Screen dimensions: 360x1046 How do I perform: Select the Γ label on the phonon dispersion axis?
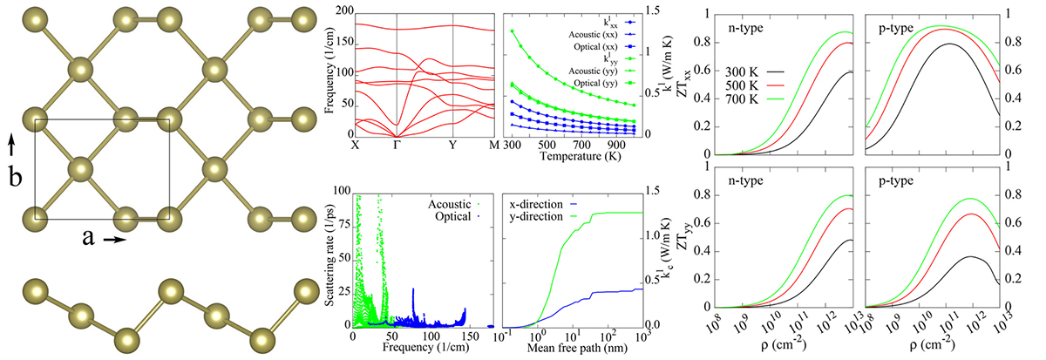tap(397, 145)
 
